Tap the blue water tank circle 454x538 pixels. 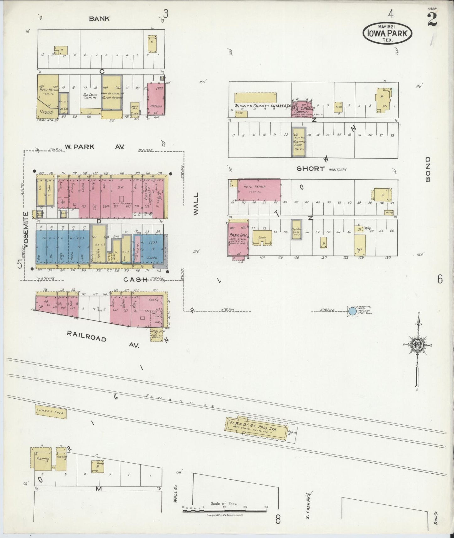[353, 311]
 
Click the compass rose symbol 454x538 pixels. [418, 344]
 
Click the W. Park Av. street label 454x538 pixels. [95, 147]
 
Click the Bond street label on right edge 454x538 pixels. [428, 169]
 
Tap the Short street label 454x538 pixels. [310, 169]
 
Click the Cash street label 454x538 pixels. [135, 279]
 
